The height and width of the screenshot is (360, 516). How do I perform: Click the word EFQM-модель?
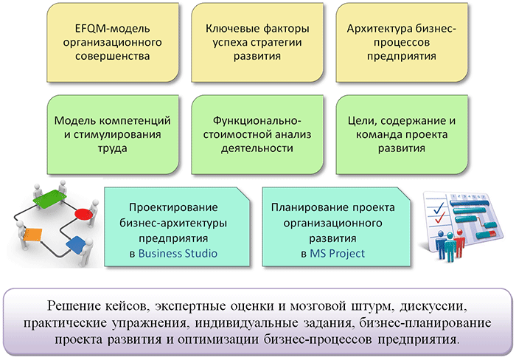coord(112,29)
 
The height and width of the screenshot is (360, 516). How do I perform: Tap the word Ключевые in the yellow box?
coord(233,29)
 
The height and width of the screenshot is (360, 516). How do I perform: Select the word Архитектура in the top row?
coord(380,29)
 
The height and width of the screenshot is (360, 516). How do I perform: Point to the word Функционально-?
coord(257,121)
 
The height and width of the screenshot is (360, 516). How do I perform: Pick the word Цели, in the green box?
coord(362,121)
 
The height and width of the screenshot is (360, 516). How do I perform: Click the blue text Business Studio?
coord(178,253)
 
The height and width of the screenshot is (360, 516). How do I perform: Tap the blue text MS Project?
coord(338,253)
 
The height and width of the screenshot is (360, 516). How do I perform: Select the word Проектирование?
coord(173,207)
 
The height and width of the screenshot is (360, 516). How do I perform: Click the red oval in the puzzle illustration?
coord(83,214)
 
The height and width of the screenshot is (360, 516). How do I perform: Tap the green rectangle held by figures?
coord(49,198)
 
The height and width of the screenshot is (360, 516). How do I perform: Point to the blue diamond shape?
coord(77,245)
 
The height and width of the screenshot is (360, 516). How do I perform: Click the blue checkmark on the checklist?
coord(439,207)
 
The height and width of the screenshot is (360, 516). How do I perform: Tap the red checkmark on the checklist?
coord(440,218)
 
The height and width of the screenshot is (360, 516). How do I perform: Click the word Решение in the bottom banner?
coord(74,306)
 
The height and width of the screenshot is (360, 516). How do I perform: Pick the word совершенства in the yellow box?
coord(112,56)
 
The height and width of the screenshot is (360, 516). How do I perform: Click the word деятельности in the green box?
coord(257,148)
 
